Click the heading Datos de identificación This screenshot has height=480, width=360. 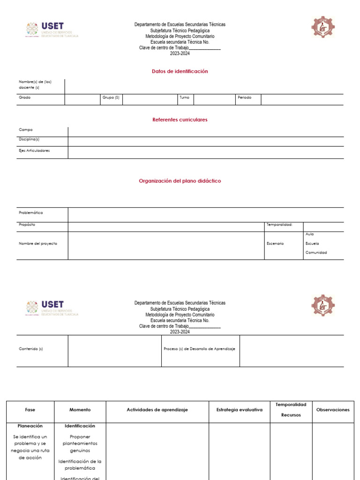(x=180, y=71)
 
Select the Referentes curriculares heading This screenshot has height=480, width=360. (x=180, y=120)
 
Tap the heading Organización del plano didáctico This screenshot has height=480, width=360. (x=180, y=180)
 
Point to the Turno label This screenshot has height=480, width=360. (x=184, y=97)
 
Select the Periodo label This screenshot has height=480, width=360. (x=245, y=97)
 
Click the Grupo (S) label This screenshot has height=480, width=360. (x=111, y=97)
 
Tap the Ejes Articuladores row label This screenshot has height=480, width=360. (x=34, y=150)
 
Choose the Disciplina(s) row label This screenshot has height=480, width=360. (x=29, y=139)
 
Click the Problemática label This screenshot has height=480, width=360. (x=31, y=212)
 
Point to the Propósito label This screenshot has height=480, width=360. (x=27, y=225)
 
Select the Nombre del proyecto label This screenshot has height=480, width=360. (x=38, y=243)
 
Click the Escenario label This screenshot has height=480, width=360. (x=275, y=243)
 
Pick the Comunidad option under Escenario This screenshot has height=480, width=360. (x=316, y=252)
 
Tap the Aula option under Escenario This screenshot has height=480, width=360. (x=309, y=234)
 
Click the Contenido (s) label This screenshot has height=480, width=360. (x=31, y=349)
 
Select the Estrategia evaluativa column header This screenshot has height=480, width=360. (x=239, y=410)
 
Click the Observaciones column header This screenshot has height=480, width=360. (x=333, y=410)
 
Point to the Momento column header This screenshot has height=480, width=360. (x=80, y=410)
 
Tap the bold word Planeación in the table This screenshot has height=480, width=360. (x=30, y=426)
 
